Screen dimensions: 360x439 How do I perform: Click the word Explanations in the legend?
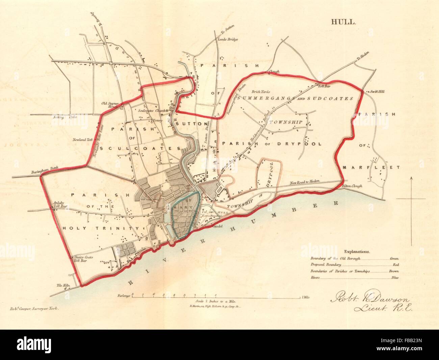pos(357,251)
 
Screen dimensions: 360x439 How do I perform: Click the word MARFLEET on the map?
pos(370,167)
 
